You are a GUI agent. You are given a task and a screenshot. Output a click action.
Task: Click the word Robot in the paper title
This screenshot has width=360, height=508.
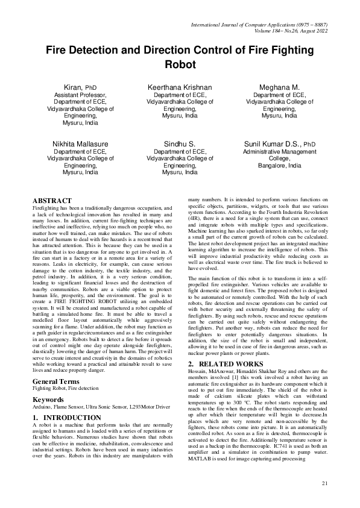pos(180,64)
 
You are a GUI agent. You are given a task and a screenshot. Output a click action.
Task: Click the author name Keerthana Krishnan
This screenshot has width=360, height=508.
pos(180,87)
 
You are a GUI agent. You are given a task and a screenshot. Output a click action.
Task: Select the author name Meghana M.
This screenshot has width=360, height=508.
pos(279,87)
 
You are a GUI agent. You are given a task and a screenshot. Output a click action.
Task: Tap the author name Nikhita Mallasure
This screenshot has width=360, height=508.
pos(80,144)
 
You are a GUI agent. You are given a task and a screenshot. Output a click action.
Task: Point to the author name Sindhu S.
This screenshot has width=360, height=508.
pos(180,144)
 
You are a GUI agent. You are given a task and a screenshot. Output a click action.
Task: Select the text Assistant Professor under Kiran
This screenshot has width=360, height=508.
pos(80,95)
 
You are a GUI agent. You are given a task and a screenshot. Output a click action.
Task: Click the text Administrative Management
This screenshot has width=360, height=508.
pos(279,152)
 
